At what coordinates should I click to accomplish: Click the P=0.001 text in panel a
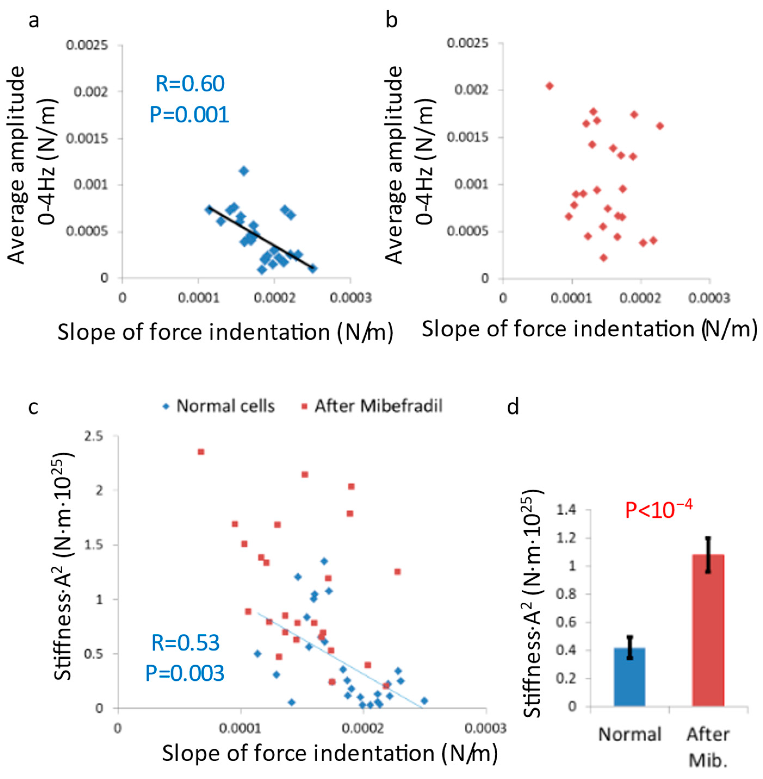click(x=189, y=115)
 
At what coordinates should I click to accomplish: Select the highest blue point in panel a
click(x=244, y=171)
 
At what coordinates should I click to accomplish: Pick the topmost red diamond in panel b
click(x=549, y=86)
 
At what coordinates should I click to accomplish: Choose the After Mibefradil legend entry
click(x=372, y=406)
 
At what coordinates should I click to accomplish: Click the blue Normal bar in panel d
click(x=629, y=677)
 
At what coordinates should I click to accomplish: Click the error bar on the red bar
click(x=708, y=555)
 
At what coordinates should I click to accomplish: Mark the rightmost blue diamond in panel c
click(x=424, y=700)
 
